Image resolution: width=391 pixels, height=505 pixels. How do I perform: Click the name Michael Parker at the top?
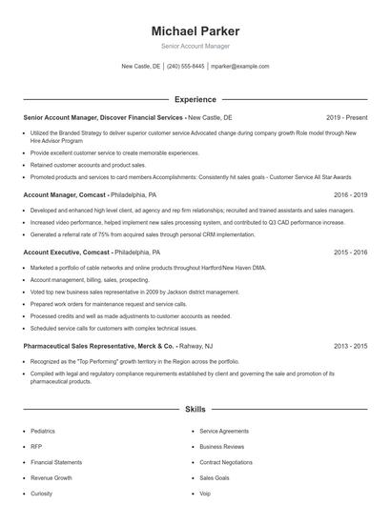(195, 31)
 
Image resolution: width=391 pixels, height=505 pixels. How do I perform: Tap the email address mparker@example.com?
(240, 67)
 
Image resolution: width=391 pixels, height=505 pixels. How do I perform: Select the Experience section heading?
(195, 99)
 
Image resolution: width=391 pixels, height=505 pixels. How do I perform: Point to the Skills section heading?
(195, 410)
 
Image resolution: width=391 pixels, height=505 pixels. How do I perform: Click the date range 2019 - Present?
(346, 117)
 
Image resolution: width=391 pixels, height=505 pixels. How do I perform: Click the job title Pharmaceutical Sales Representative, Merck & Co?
(99, 348)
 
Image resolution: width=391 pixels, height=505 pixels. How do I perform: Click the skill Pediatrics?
(43, 432)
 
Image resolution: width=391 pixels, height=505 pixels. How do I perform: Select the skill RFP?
(35, 447)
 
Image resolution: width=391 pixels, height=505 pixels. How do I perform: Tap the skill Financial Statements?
(56, 462)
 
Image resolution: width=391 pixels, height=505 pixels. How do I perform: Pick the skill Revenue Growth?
(51, 478)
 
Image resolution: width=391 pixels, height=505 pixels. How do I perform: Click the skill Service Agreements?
(225, 432)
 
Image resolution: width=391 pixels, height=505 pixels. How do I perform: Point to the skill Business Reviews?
(222, 447)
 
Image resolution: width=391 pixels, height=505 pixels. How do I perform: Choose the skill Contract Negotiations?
(226, 462)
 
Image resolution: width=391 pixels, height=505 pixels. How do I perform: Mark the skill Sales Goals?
(215, 478)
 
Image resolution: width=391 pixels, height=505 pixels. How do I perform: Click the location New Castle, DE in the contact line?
(141, 67)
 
